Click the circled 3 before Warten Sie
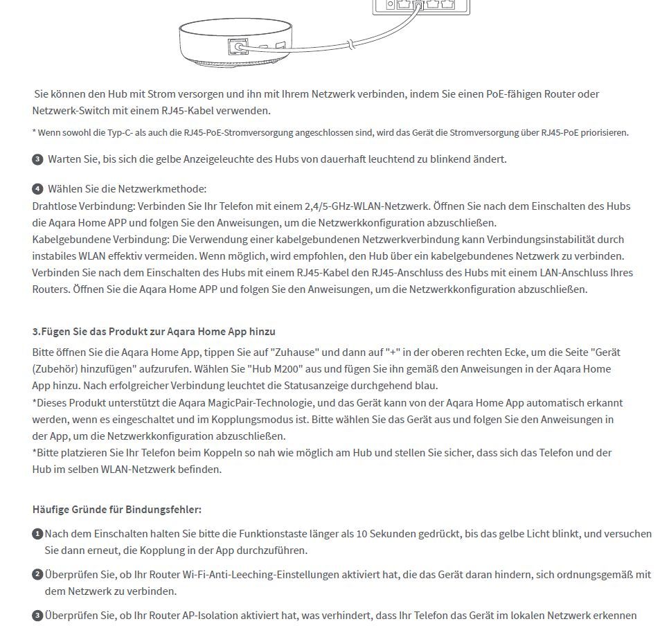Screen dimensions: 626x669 click(37, 159)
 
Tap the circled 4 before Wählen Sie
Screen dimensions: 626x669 click(37, 189)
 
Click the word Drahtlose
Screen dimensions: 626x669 click(56, 206)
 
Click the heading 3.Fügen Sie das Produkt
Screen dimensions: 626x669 click(154, 332)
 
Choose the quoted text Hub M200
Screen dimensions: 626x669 click(275, 369)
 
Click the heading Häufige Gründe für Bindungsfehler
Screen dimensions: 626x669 click(116, 510)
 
